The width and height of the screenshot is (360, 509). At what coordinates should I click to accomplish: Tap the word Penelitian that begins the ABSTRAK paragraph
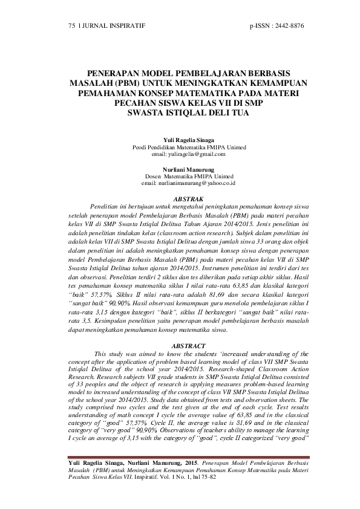106,206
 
